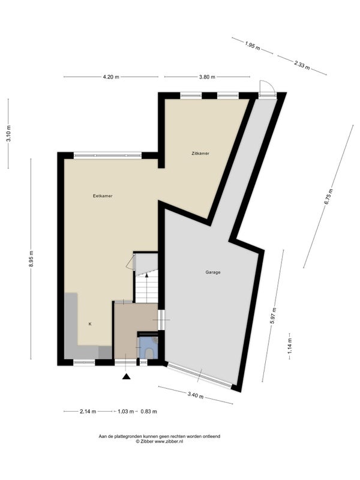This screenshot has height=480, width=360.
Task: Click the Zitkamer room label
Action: pos(200,154)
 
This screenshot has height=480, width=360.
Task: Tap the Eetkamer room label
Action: pos(103,196)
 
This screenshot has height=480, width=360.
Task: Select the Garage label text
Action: pos(213,272)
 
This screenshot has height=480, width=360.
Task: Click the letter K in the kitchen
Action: pos(90,324)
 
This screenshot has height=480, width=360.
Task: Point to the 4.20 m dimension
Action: pos(111,77)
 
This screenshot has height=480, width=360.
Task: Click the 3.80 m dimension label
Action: pos(207,77)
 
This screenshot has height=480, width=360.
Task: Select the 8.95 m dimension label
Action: pos(31,259)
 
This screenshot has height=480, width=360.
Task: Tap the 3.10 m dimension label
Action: pos(8,133)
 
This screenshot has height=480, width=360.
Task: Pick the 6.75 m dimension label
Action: pos(328,197)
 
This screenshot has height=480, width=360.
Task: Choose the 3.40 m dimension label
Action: pos(196,395)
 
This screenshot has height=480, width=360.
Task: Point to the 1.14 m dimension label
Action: pos(290,346)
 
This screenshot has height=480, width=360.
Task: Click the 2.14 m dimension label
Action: pos(88,412)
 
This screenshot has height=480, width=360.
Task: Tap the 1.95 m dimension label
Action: pos(253,46)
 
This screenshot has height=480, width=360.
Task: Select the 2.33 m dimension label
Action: pos(302,65)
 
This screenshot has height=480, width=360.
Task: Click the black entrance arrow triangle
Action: pos(127,377)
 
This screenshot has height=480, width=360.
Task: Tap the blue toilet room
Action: pos(149,348)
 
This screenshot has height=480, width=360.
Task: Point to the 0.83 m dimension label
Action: pos(149,412)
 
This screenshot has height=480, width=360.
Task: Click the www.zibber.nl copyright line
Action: pos(159,441)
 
